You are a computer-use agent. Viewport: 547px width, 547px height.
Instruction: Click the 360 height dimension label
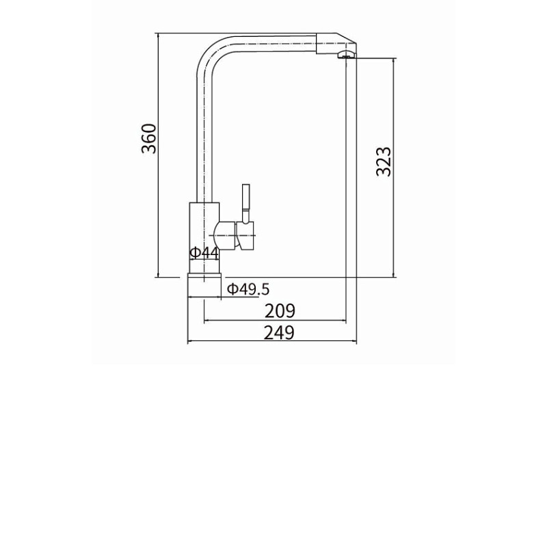point(149,139)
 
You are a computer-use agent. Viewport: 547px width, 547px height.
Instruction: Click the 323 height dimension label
point(384,162)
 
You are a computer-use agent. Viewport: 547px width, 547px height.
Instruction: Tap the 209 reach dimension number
point(280,311)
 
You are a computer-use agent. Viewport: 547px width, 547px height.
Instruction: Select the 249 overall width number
point(279,332)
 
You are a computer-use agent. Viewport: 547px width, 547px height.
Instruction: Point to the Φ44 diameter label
point(204,253)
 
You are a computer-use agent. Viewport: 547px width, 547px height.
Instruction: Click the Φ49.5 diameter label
point(248,289)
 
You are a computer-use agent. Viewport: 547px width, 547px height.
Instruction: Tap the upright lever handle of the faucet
point(246,204)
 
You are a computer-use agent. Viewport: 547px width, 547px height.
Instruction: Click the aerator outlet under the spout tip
point(346,55)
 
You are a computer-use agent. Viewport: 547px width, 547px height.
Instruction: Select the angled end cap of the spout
point(336,44)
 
